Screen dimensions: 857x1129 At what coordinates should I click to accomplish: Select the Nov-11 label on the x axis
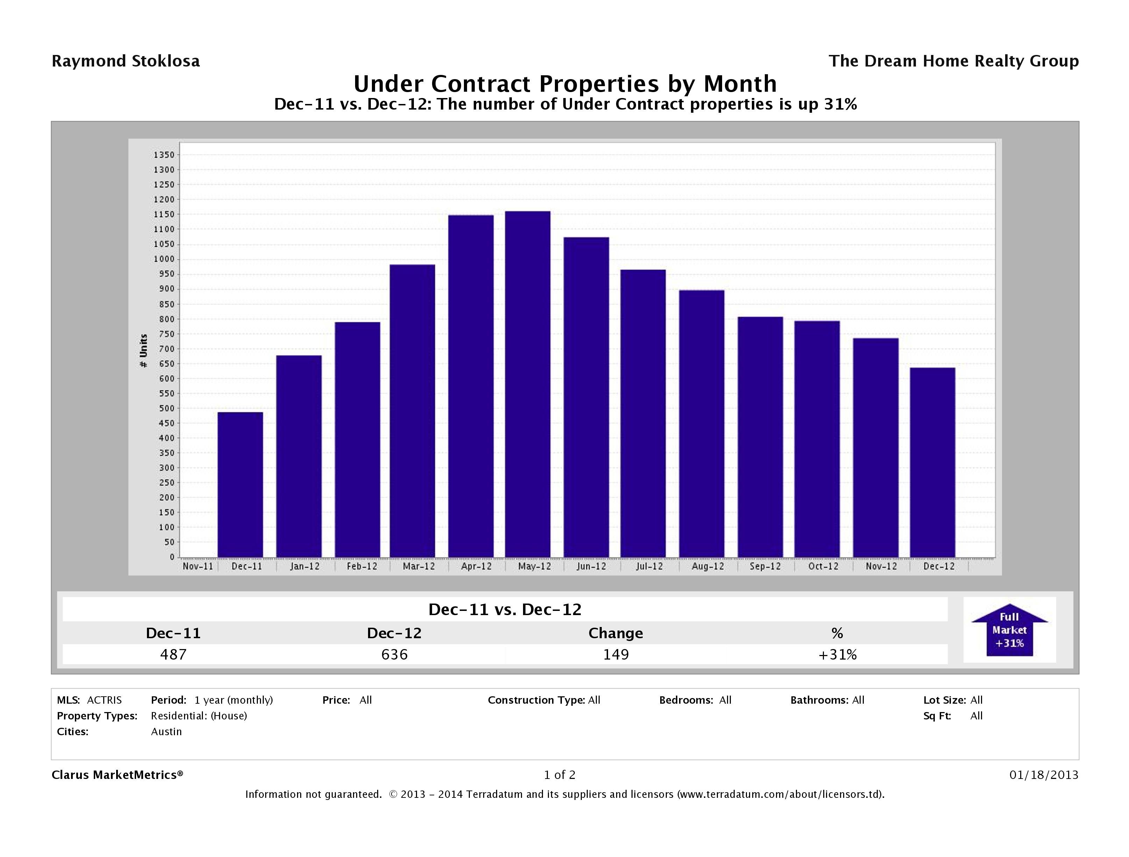click(198, 566)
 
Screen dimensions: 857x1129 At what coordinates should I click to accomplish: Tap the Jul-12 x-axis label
click(649, 566)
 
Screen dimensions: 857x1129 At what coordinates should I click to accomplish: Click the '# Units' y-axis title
click(144, 350)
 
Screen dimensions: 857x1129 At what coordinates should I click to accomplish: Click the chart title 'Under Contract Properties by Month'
click(565, 83)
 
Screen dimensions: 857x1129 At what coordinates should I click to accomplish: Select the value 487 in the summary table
click(173, 654)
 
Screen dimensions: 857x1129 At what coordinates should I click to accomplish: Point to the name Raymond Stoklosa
click(126, 61)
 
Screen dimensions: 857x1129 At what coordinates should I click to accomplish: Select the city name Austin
click(167, 731)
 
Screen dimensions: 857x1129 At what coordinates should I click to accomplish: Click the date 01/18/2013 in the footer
click(1044, 775)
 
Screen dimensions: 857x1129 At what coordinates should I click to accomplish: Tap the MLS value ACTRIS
click(104, 700)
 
